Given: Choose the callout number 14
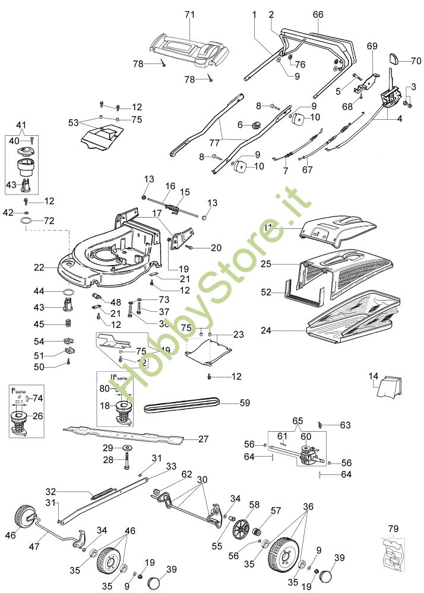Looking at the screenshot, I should (x=374, y=376).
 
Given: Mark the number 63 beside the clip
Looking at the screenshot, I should (x=346, y=425).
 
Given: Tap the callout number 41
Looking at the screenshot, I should (x=22, y=125).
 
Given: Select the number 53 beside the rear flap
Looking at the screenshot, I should (x=73, y=122).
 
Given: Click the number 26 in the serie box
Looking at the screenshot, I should (x=37, y=416).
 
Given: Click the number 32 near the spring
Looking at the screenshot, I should (x=50, y=492).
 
